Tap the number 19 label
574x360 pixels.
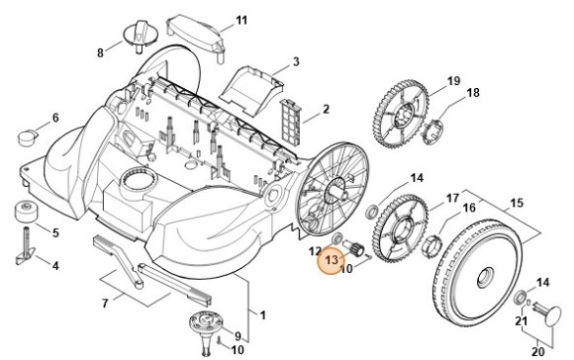453,80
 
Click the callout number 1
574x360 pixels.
261,315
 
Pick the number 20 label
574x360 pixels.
538,350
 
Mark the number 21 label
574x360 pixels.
520,321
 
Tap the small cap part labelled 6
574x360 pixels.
32,133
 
